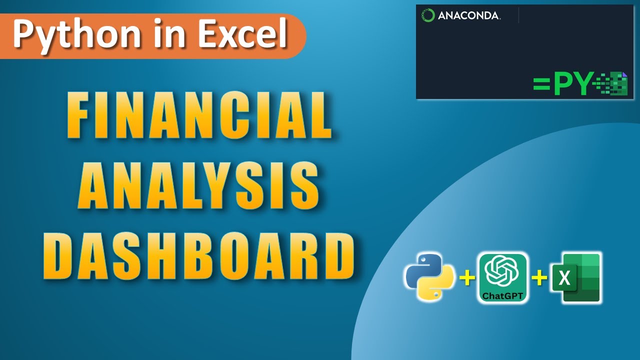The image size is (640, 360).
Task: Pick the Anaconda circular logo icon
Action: pyautogui.click(x=428, y=15)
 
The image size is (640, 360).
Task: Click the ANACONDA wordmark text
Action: pyautogui.click(x=468, y=16)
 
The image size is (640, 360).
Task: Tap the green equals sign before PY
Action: pyautogui.click(x=541, y=83)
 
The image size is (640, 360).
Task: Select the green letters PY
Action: pyautogui.click(x=573, y=83)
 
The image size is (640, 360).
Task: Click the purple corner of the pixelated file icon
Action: pyautogui.click(x=624, y=75)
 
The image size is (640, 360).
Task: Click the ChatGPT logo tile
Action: pyautogui.click(x=502, y=277)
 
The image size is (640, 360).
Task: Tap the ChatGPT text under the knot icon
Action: pyautogui.click(x=502, y=296)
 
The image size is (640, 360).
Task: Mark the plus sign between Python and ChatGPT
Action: pyautogui.click(x=466, y=278)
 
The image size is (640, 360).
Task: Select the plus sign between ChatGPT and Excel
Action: pyautogui.click(x=539, y=278)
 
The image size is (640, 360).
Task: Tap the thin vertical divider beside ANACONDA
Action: pyautogui.click(x=518, y=15)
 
